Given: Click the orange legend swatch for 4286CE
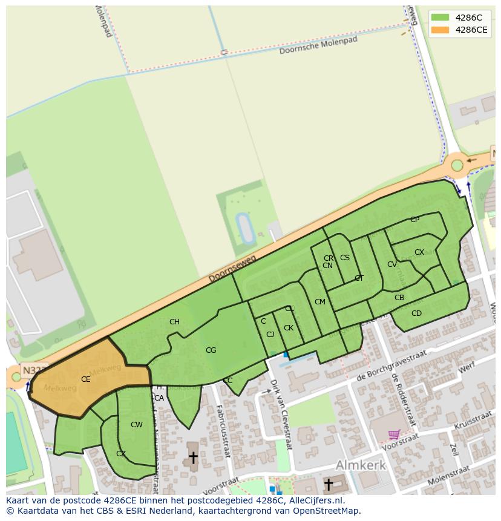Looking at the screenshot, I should pos(440,30).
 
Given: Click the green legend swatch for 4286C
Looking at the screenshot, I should pos(440,18).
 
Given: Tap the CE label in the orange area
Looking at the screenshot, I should pos(85,379).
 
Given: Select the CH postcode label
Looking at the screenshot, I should pos(174,322).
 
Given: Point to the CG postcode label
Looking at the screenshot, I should pos(211,350).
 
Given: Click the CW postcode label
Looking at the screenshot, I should pos(137,425).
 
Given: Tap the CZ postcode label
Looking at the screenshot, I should pos(121,454).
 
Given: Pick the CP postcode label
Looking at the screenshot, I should pos(414,220).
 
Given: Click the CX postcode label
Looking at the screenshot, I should pos(419,252).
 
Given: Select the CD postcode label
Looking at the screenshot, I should pos(416,313).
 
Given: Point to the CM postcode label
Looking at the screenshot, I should pos(320,302).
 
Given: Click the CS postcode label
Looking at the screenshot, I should pos(345,258).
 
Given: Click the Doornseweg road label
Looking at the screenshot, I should pos(232,269).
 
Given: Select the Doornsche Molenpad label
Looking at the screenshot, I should pos(318,45).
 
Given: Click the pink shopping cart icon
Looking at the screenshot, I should pos(394,434).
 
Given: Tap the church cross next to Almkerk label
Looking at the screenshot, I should pos(329,484).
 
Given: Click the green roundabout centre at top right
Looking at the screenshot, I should pos(457,165).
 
